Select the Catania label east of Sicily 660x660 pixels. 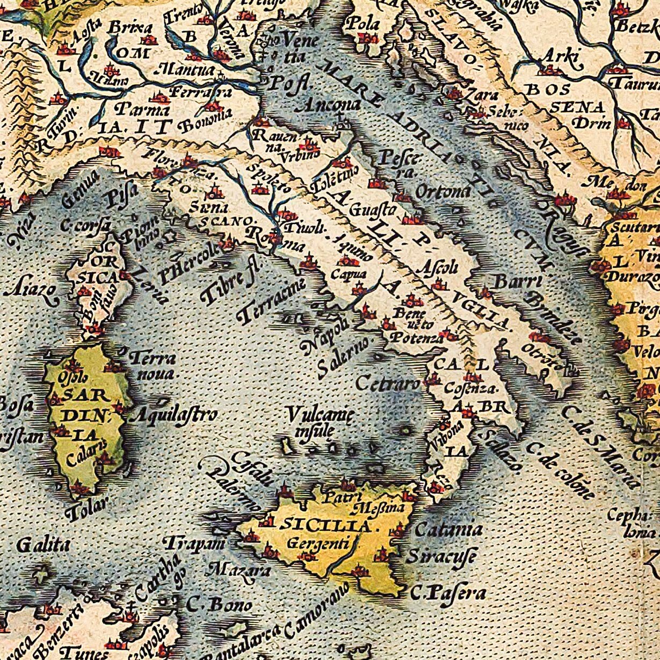[x=448, y=530]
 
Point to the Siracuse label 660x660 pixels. [x=441, y=556]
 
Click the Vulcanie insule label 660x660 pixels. [x=319, y=422]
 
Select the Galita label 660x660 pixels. [x=43, y=546]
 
